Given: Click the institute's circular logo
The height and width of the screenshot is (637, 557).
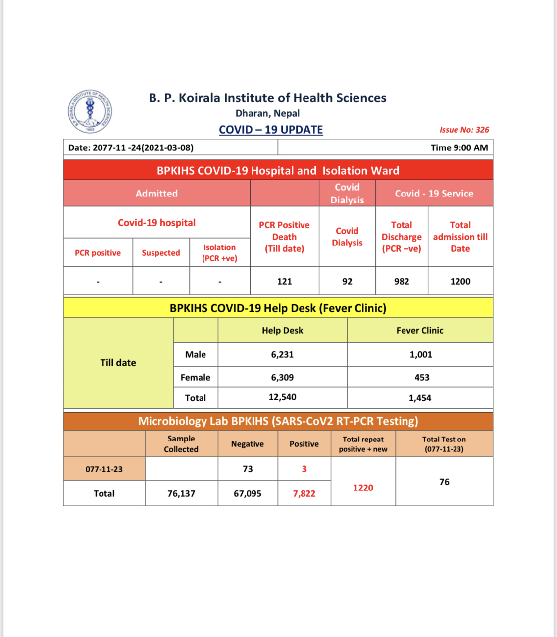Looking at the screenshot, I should (90, 111).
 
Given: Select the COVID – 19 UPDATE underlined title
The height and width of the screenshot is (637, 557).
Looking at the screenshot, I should (271, 130).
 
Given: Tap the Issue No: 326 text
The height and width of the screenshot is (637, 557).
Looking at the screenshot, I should (464, 130).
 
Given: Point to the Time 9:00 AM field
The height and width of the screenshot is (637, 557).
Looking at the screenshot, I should (459, 147).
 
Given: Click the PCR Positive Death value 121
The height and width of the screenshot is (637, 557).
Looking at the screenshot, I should (284, 281).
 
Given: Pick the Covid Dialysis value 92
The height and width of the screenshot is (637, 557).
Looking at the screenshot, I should (347, 281).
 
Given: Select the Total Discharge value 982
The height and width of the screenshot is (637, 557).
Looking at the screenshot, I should (402, 281).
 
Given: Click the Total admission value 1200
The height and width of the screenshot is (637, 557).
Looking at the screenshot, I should (460, 281).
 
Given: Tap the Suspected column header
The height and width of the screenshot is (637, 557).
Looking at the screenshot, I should (161, 253).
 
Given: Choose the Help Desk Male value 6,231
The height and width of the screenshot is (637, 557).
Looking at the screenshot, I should (282, 354).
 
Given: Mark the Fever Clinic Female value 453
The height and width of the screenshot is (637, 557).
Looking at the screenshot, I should (422, 377).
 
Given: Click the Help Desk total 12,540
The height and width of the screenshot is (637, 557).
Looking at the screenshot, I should (282, 397).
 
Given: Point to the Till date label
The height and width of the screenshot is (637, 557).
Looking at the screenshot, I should (118, 363).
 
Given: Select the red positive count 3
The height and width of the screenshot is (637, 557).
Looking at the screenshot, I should (304, 469).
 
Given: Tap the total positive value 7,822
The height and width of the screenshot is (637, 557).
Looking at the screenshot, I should (304, 493).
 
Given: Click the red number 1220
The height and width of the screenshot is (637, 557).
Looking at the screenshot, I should (363, 488).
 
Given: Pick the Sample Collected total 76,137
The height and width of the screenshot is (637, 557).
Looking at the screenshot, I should (181, 493).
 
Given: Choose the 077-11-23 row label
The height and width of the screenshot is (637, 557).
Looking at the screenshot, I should (104, 469).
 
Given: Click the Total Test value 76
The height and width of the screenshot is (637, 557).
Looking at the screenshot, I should (444, 482).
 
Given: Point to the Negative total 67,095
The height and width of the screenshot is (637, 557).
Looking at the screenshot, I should (248, 493).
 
